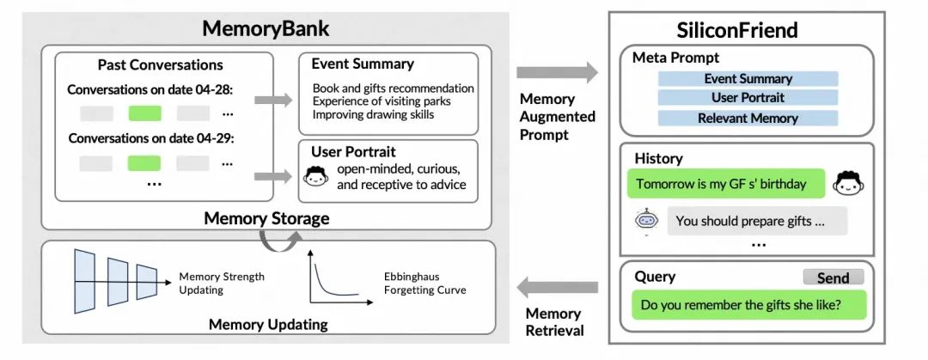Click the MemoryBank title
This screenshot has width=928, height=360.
[x=266, y=27]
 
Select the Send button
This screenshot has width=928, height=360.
[x=833, y=278]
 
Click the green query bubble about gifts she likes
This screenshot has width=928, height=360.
[x=748, y=305]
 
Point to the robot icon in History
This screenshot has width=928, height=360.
[x=646, y=220]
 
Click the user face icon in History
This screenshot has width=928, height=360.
[x=849, y=183]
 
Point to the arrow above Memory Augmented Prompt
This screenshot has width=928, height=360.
[x=556, y=72]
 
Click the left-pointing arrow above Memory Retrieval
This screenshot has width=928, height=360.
[x=556, y=286]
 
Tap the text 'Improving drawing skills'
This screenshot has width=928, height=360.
[x=373, y=114]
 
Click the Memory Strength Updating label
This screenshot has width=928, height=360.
[x=222, y=284]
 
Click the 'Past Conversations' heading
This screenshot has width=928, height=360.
[x=160, y=65]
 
